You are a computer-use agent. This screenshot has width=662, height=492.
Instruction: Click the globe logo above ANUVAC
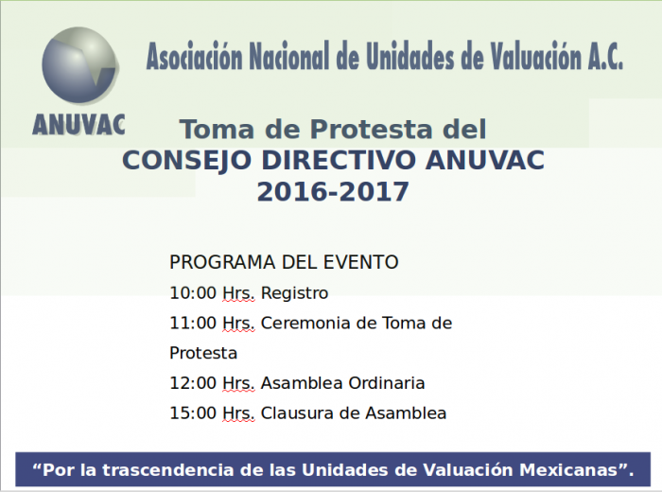79,65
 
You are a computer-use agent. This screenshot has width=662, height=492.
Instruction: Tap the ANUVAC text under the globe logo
78,125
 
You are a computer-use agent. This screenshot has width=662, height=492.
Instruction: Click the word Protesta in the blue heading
372,130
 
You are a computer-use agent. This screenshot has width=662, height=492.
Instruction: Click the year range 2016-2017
333,192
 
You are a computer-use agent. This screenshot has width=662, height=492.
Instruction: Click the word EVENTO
361,262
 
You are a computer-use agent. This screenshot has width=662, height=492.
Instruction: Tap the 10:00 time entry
193,293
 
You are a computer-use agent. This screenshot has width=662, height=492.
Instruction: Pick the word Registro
295,293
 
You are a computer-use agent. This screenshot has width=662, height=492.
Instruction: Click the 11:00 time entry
193,323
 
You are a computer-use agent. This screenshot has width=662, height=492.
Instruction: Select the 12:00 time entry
193,383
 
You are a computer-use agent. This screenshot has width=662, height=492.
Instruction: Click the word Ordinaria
387,383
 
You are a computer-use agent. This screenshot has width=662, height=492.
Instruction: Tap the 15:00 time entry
193,413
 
